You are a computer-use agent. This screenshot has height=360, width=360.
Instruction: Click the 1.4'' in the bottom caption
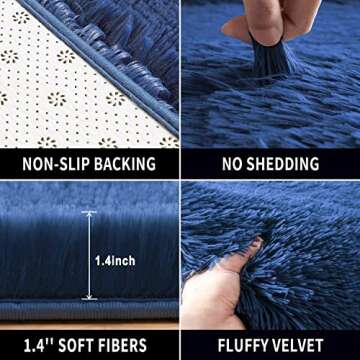coord(34,345)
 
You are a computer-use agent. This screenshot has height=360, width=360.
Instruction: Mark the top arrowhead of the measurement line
coord(89,214)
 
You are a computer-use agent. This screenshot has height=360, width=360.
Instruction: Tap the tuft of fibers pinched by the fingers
coord(262,62)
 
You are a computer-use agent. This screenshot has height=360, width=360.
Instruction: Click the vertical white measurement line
coord(89,255)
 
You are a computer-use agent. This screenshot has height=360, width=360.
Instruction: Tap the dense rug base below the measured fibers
coord(90,308)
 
